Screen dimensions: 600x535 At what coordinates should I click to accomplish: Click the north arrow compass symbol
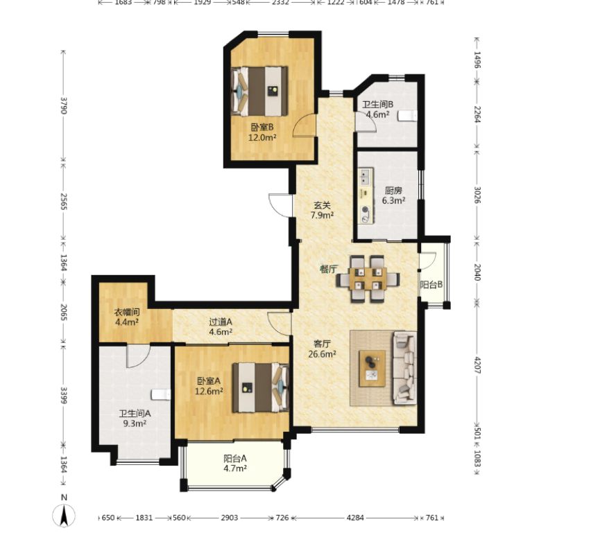[64, 515]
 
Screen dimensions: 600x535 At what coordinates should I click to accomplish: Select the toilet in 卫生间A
[161, 394]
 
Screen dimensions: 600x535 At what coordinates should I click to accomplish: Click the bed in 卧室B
[259, 91]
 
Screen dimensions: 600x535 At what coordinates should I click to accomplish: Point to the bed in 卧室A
[261, 387]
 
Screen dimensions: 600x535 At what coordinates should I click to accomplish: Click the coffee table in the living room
[372, 369]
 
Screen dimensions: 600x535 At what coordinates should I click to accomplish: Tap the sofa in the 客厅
[405, 368]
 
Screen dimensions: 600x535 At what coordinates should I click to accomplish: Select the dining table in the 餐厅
[368, 279]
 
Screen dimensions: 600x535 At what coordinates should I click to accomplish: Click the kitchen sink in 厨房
[366, 177]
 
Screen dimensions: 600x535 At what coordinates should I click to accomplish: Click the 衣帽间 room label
[127, 312]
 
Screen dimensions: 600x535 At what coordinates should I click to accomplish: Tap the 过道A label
[221, 322]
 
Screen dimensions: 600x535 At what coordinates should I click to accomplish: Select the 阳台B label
[431, 285]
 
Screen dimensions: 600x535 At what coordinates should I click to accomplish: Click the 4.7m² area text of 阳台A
[235, 468]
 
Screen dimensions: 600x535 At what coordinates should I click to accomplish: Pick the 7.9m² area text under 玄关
[322, 216]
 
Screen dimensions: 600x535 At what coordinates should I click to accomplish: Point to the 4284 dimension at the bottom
[355, 518]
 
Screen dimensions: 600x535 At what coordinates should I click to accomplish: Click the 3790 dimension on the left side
[64, 105]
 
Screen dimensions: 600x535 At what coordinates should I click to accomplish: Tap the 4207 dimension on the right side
[477, 365]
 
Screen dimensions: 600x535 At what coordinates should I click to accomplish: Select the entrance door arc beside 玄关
[279, 205]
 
